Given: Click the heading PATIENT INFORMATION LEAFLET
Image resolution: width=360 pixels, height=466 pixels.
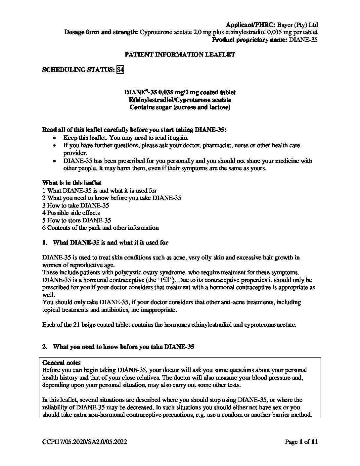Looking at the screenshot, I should click(x=180, y=55).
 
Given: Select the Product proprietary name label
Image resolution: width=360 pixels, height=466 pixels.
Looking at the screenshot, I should click(x=249, y=40).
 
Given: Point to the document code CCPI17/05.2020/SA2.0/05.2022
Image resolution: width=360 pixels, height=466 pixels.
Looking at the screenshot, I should click(x=85, y=442).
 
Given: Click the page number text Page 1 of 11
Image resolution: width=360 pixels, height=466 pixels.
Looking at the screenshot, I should click(x=301, y=442).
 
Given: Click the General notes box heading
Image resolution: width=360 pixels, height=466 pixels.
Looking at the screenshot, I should click(x=62, y=363).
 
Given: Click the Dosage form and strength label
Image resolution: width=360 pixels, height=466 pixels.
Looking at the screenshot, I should click(x=101, y=32).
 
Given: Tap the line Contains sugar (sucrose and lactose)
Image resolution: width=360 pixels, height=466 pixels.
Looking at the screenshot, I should click(x=180, y=107).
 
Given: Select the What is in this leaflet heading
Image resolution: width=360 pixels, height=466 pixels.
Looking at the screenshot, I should click(x=71, y=183).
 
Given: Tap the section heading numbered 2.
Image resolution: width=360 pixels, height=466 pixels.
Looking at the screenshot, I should click(x=118, y=347).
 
